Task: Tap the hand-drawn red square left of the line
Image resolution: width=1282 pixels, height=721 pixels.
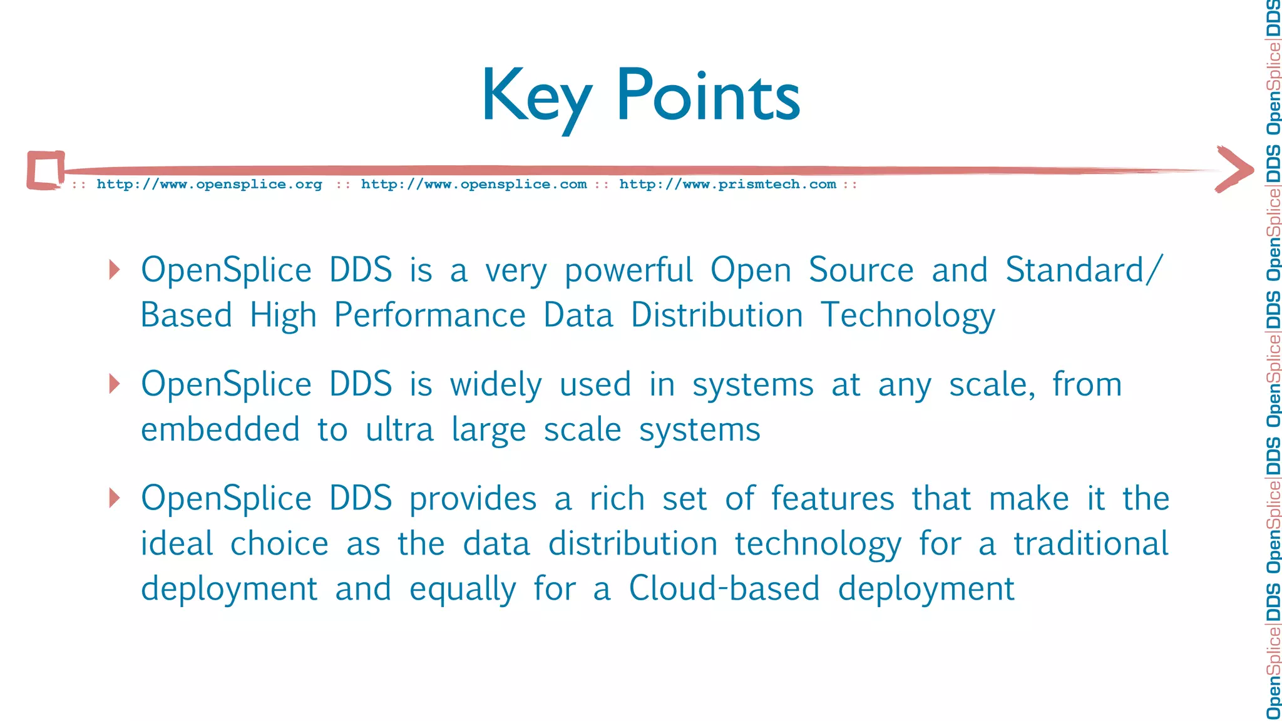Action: tap(46, 170)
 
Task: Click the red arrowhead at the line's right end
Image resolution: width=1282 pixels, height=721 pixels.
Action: tap(1234, 170)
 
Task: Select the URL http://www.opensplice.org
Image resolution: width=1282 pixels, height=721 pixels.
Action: tap(209, 185)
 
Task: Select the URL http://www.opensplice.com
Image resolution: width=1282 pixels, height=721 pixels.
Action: tap(474, 185)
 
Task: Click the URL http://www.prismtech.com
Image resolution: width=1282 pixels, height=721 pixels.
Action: tap(727, 185)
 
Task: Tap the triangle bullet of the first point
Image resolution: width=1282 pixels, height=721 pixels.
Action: tap(115, 270)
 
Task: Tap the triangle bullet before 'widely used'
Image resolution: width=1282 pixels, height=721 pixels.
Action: tap(115, 384)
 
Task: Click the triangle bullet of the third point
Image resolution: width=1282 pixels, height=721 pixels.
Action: tap(115, 498)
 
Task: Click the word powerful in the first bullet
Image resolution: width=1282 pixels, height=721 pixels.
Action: tap(628, 271)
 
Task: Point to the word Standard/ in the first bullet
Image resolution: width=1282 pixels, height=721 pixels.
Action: tap(1084, 270)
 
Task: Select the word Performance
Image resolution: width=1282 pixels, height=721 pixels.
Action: tap(429, 315)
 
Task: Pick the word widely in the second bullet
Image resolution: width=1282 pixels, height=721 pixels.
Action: tap(496, 385)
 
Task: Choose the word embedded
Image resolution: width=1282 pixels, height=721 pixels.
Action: tap(220, 430)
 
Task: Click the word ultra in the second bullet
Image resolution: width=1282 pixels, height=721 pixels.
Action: tap(399, 430)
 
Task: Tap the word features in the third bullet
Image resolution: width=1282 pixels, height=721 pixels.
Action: tap(833, 499)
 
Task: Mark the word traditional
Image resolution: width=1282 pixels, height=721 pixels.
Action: tap(1090, 544)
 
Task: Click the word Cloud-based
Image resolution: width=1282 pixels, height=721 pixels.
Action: tap(724, 589)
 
